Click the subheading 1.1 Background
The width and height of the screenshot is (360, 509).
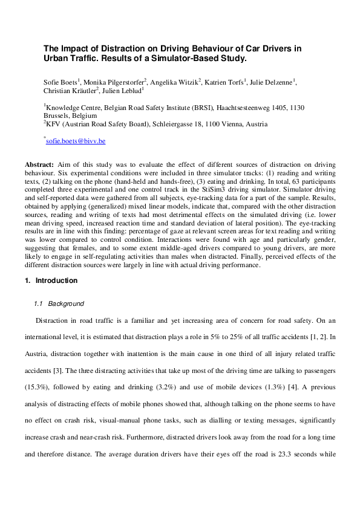click(59, 303)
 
